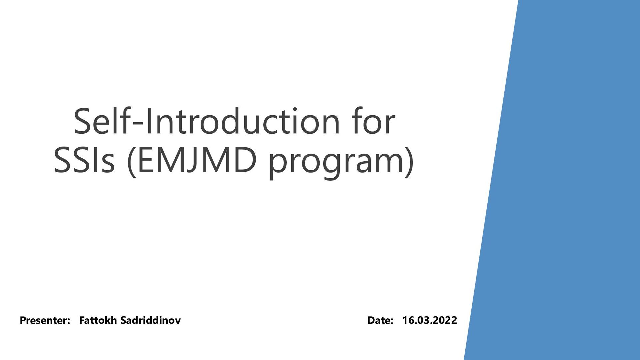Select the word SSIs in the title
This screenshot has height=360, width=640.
click(84, 160)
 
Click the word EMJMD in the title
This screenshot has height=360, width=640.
click(197, 160)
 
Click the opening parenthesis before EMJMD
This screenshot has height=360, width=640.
click(132, 162)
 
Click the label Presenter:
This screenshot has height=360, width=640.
click(45, 320)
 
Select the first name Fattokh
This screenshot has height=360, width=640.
click(98, 320)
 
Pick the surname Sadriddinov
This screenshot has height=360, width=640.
click(150, 320)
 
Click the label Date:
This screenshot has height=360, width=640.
click(380, 320)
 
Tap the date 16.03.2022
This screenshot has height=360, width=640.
click(429, 320)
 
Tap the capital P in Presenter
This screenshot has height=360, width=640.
click(23, 320)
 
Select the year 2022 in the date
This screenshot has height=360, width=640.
click(446, 320)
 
